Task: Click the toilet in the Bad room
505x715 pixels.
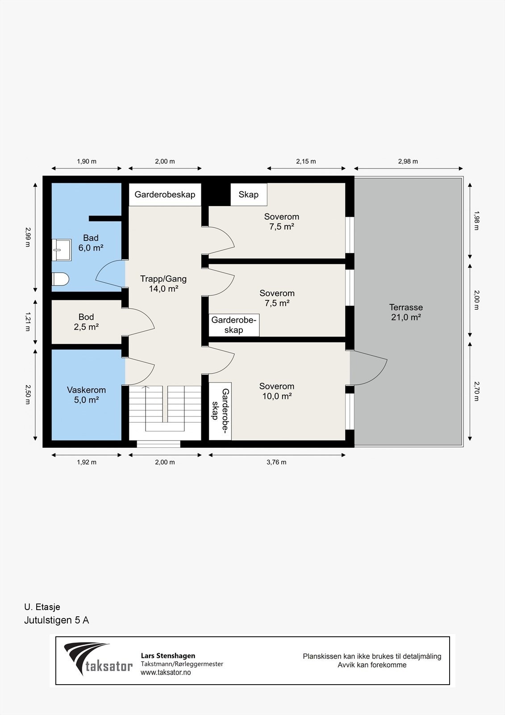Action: point(60,279)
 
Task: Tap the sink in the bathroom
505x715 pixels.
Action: point(61,250)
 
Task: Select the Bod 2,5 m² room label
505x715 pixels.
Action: point(86,322)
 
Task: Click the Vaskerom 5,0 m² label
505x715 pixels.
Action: point(86,395)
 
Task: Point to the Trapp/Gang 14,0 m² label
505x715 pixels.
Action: point(163,283)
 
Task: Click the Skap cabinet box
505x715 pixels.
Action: point(249,194)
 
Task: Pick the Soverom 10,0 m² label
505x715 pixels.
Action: point(276,391)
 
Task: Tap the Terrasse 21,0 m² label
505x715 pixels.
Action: point(406,312)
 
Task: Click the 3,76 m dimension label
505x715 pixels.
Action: point(276,462)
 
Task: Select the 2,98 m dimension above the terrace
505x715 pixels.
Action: point(408,161)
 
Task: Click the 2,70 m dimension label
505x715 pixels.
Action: point(476,391)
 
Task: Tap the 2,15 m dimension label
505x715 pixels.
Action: point(306,161)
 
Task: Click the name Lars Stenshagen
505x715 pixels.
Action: point(168,656)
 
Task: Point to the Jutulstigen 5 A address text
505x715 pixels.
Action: point(56,620)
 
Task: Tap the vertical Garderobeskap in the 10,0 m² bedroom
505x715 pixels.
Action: point(220,411)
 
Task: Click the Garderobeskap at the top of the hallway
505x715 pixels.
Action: point(165,194)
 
